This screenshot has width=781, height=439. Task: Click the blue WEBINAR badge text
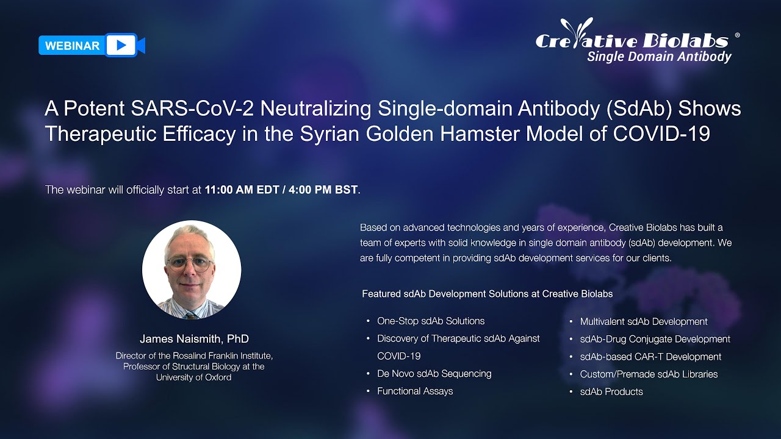point(72,46)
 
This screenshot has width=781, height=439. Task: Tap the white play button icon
point(121,45)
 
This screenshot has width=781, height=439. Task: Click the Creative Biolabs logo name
point(632,40)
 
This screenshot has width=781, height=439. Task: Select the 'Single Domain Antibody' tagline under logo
point(659,57)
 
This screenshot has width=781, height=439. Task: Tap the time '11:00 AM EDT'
point(236,190)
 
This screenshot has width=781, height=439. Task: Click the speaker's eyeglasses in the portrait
point(190,264)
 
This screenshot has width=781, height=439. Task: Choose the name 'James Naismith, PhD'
point(194,339)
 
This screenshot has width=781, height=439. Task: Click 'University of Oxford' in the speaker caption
point(194,377)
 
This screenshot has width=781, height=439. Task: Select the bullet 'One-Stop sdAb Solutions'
point(431,321)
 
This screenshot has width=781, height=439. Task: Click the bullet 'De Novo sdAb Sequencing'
point(434,374)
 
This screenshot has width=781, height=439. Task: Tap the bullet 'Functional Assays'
point(415,391)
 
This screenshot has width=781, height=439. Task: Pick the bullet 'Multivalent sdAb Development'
point(644,321)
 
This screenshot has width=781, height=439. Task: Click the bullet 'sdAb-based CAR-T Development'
point(650,357)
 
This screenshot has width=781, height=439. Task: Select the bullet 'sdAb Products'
point(611,392)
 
